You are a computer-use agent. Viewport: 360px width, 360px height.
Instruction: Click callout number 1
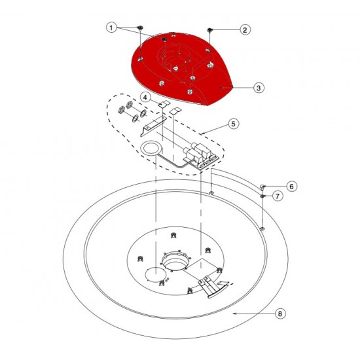112,27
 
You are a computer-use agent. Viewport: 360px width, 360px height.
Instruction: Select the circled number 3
259,87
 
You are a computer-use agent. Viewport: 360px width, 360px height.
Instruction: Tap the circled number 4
147,98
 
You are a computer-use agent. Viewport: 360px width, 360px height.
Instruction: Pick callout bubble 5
232,122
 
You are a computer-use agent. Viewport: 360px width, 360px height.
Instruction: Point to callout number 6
291,186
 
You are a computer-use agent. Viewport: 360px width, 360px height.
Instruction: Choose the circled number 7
278,196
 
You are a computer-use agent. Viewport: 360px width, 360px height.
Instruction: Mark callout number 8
279,314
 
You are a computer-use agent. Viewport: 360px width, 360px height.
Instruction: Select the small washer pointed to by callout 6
263,187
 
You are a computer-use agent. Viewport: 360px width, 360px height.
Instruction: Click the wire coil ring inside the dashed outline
151,149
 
